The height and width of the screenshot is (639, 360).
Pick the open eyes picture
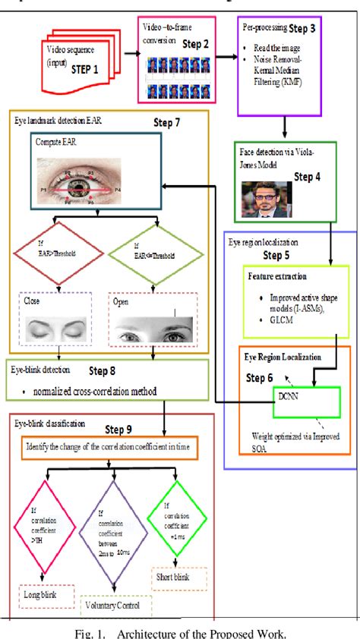(x=153, y=329)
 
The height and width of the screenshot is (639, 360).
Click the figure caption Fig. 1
(x=180, y=628)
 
